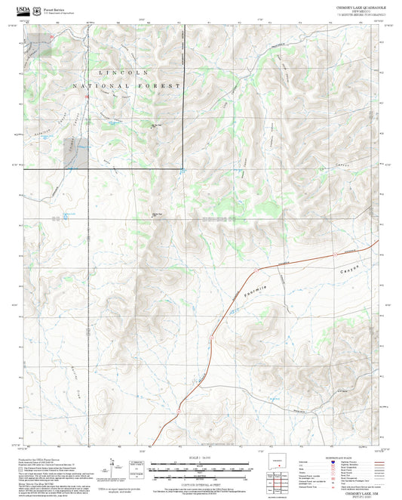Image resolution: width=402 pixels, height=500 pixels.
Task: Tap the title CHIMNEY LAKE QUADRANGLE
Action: [x=361, y=6]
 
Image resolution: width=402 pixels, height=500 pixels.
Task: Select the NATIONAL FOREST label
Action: [x=126, y=87]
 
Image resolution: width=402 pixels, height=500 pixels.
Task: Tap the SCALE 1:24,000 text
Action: [x=200, y=457]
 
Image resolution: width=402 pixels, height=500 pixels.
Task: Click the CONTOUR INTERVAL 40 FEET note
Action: [x=200, y=482]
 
